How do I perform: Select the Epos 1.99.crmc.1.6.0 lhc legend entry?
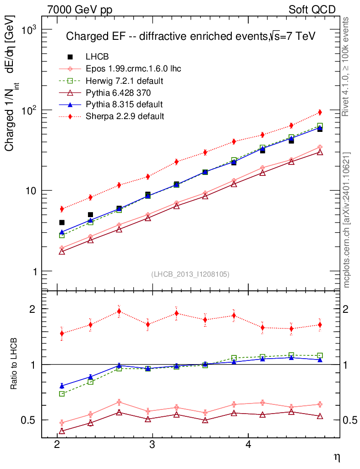point(133,69)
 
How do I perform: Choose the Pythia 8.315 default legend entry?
point(124,104)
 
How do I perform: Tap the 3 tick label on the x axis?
point(153,445)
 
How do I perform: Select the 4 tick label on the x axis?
point(248,445)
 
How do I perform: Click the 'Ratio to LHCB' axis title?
point(14,364)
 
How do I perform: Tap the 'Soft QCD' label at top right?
point(312,10)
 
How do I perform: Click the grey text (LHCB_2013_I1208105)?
point(190,274)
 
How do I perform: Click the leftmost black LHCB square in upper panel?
point(62,223)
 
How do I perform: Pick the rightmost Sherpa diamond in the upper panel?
point(320,112)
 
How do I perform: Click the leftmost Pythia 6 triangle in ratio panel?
point(62,431)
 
